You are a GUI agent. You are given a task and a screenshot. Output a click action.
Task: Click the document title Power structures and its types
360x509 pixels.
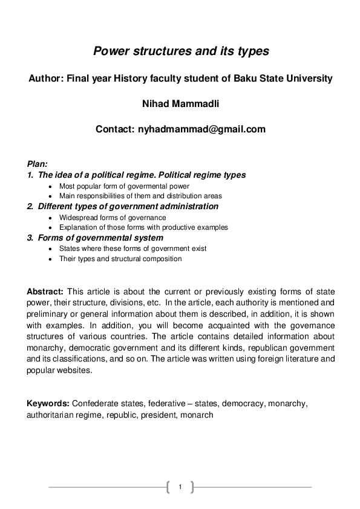click(x=180, y=51)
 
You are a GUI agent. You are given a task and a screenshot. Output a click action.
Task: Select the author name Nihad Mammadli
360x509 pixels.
click(x=180, y=103)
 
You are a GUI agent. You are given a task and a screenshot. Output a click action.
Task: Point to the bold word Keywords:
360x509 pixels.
click(x=48, y=403)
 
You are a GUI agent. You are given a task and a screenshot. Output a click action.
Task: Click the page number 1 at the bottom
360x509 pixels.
click(x=180, y=487)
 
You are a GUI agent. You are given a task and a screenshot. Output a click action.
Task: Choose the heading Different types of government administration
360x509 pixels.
click(x=128, y=207)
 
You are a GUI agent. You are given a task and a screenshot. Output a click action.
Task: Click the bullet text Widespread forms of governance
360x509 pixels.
click(x=113, y=218)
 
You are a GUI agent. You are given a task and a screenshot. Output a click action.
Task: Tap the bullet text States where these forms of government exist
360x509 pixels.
click(x=133, y=248)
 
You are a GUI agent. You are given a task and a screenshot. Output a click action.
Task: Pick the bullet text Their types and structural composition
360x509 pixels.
click(x=120, y=259)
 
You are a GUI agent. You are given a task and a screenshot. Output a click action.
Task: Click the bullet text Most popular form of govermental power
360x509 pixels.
click(x=124, y=186)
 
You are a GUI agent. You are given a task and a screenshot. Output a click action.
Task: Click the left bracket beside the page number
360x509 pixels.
click(x=168, y=487)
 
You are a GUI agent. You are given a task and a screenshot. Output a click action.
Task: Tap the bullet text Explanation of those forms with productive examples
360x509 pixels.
click(x=143, y=227)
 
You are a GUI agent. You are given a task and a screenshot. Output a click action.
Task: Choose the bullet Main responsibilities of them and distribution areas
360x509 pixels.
click(x=140, y=196)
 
